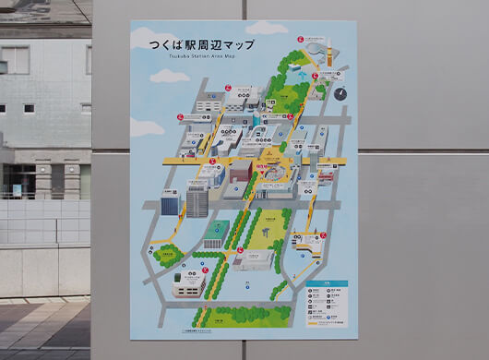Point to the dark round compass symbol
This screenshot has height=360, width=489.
(340, 93)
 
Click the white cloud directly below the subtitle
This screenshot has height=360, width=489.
(170, 76)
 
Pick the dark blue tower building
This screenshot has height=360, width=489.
(170, 205)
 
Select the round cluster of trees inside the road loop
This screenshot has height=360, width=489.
(169, 256)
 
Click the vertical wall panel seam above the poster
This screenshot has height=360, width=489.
(245, 9)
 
